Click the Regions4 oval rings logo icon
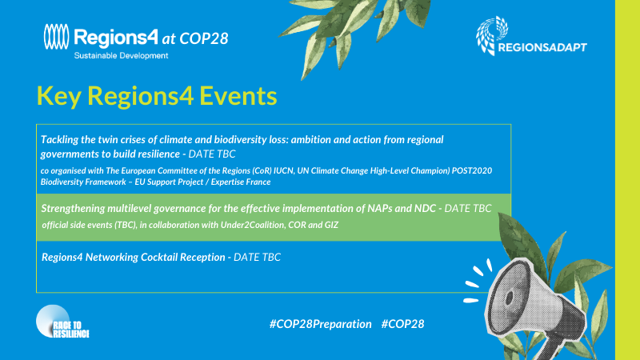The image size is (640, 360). (56, 37)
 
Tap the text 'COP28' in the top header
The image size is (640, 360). (204, 38)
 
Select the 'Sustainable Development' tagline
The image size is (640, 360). (122, 55)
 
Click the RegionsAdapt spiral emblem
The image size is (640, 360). (492, 34)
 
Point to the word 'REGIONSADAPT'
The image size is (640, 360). (542, 47)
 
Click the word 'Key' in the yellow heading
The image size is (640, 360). (58, 96)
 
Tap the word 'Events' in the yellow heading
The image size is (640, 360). (238, 96)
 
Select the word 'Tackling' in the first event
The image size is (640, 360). (59, 140)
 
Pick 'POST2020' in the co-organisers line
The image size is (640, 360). (472, 170)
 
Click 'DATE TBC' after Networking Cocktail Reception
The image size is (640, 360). (257, 257)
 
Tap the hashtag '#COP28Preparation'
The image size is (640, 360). (321, 324)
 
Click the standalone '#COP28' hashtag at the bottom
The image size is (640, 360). (402, 324)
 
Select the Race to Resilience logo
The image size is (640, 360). (62, 322)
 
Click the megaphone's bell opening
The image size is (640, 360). (509, 297)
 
